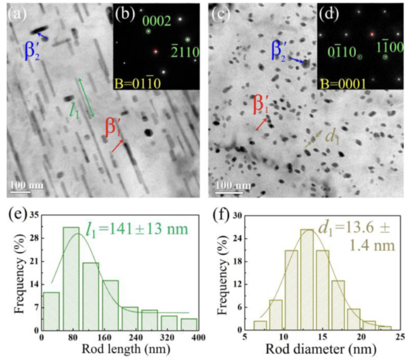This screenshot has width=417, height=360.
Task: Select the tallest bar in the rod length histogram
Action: [x=71, y=278]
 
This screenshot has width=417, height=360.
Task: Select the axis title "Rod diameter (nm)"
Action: [x=320, y=350]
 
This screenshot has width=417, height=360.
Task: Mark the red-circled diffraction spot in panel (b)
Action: [x=156, y=51]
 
